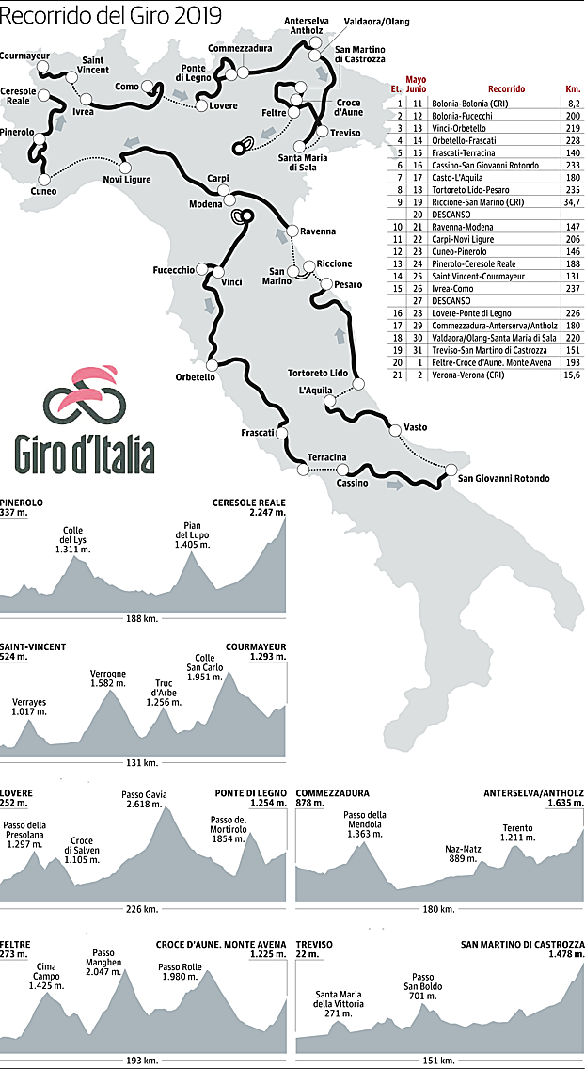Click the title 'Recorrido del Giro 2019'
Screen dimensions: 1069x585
point(111,15)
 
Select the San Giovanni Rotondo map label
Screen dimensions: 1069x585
point(503,479)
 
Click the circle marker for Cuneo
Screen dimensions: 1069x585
point(43,178)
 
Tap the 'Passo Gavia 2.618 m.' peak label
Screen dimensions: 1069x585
point(144,800)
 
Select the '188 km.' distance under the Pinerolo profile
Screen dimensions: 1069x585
point(143,617)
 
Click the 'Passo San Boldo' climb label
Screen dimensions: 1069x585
point(422,982)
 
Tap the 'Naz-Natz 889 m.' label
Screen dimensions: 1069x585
point(463,854)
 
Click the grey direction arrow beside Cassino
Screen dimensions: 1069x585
point(397,486)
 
